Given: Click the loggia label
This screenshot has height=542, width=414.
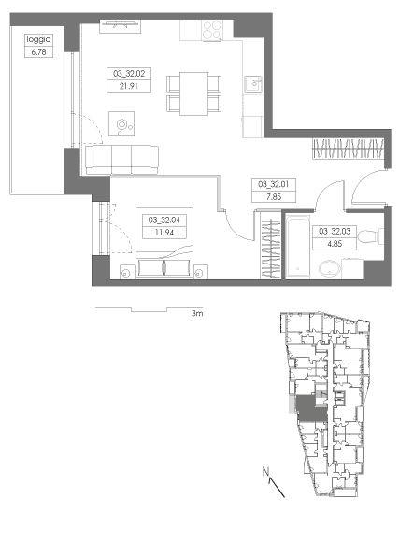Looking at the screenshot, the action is point(38,39).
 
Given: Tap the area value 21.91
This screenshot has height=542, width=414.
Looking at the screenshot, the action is point(129,86).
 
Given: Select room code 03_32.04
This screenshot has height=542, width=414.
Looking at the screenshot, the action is point(164,220).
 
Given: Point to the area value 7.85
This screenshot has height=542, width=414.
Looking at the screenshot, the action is point(274,196).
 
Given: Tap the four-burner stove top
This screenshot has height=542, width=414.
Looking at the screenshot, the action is point(212,30).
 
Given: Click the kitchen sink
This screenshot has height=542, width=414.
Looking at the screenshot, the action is point(253,84).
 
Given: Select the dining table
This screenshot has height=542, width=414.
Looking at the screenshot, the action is point(193,93).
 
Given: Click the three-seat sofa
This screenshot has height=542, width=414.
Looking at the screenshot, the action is point(121,160).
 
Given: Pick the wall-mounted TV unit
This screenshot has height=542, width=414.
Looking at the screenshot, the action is point(120,26).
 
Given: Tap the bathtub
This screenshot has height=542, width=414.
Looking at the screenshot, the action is point(297,246).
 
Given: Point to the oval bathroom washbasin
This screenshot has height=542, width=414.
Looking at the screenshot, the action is point(329,268).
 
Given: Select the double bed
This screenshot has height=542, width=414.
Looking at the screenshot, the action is point(164,243).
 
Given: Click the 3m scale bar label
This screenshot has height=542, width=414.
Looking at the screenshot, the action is point(197,313).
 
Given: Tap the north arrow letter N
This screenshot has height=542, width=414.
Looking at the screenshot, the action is point(265,471).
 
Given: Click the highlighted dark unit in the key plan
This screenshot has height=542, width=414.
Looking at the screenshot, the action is point(310,408).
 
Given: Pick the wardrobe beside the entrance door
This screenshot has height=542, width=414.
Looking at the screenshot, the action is point(349,149).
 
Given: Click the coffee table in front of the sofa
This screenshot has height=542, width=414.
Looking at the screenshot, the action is point(121,123).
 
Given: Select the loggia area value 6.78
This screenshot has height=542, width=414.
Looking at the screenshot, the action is point(38,52).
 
